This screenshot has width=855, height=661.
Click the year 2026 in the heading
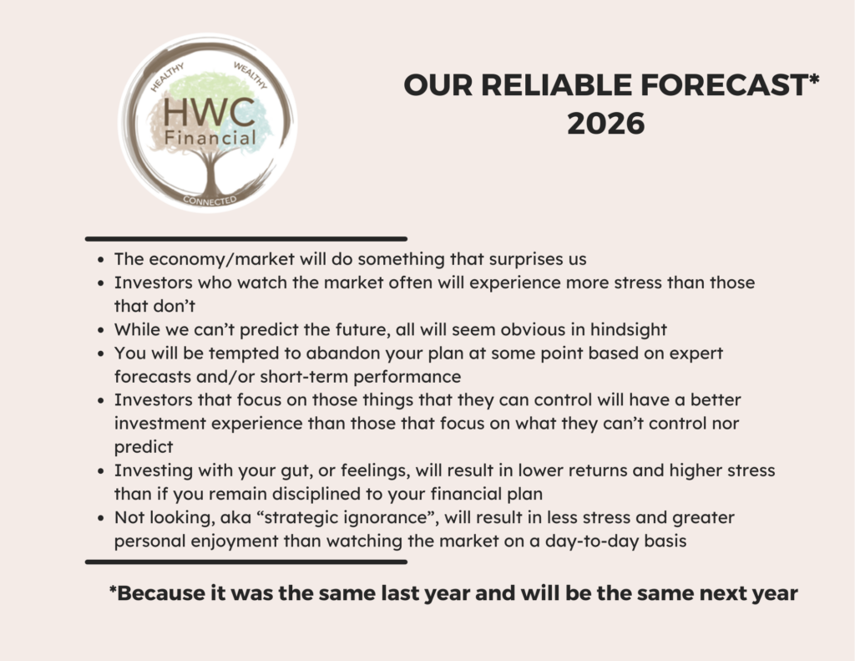pos(606,124)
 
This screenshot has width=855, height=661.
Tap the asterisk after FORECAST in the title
pos(813,79)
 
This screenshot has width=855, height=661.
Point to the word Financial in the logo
pos(210,138)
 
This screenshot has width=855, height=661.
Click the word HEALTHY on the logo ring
pos(167,77)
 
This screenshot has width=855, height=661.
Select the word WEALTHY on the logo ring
pos(250,75)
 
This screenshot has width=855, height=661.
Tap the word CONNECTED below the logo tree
pos(210,201)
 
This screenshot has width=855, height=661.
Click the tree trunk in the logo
pos(210,174)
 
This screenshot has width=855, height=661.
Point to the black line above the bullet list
pos(246,239)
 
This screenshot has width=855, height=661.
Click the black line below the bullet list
pos(246,562)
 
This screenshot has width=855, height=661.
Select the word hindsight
pos(629,330)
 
